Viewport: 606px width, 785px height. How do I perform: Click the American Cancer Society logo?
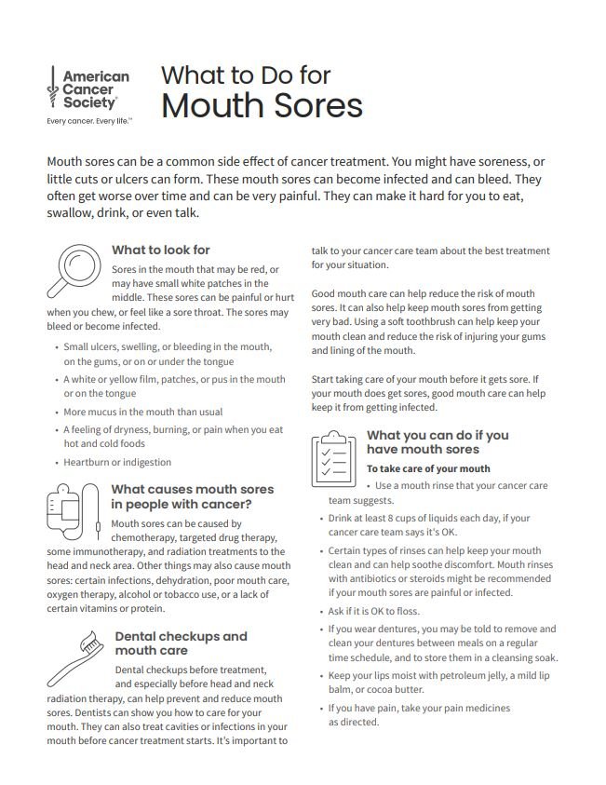(88, 90)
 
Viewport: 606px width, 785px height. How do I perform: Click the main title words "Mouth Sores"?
(262, 105)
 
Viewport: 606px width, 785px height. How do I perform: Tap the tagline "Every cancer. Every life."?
(89, 121)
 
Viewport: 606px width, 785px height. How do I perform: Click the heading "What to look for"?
(160, 250)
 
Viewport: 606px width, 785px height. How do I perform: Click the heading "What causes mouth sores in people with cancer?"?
(192, 496)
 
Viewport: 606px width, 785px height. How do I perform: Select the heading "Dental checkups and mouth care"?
(181, 643)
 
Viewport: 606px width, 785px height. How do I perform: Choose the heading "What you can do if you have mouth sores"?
(438, 442)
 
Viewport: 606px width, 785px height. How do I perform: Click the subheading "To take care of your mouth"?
(427, 468)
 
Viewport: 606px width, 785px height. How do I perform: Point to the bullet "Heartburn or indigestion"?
(117, 462)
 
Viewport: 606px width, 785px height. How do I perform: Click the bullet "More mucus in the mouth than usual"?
(143, 412)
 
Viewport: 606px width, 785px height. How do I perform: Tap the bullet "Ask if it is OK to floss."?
(374, 611)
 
